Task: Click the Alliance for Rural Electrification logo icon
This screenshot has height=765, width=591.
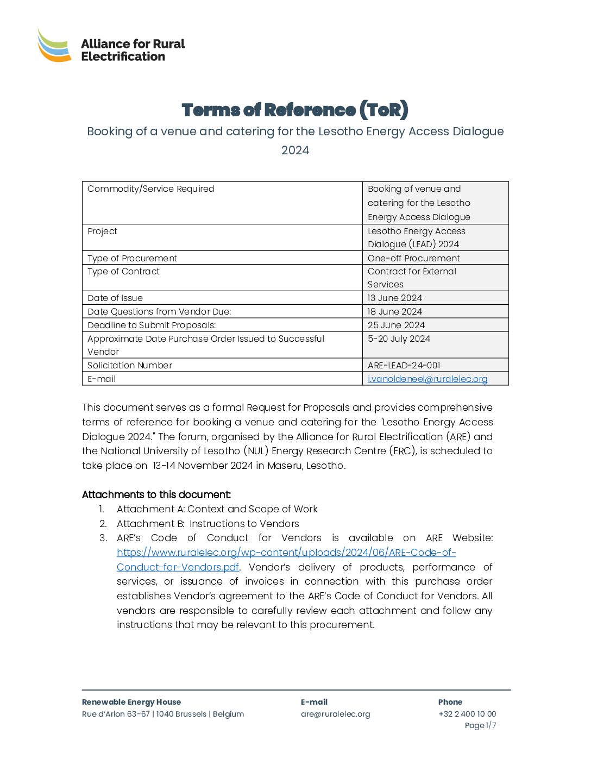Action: point(54,46)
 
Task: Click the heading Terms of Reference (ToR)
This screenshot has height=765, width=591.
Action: point(295,110)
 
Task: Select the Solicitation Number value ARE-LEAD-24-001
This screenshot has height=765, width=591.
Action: point(404,365)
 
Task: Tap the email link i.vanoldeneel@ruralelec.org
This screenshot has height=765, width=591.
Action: point(427,379)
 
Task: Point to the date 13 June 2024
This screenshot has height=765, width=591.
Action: point(394,298)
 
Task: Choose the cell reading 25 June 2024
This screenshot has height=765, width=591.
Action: point(396,325)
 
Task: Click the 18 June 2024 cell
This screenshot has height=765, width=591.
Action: point(394,311)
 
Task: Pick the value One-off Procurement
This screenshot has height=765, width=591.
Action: point(413,258)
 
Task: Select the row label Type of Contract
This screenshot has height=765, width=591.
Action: point(124,271)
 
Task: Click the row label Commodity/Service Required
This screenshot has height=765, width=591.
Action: point(151,189)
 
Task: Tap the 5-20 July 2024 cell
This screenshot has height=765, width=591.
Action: point(399,338)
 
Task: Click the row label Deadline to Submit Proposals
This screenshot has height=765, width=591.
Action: point(152,325)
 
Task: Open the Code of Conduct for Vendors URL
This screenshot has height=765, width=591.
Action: point(286,553)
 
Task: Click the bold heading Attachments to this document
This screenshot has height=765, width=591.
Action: point(156,494)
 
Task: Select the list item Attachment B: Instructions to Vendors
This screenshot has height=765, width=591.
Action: point(208,524)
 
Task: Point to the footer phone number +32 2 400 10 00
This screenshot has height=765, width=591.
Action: point(467,714)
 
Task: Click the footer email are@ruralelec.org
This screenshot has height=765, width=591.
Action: point(335,714)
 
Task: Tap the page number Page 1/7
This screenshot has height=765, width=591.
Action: point(480,725)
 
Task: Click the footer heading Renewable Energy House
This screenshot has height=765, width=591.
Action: point(131,702)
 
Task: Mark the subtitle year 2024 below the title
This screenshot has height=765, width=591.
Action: point(295,151)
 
